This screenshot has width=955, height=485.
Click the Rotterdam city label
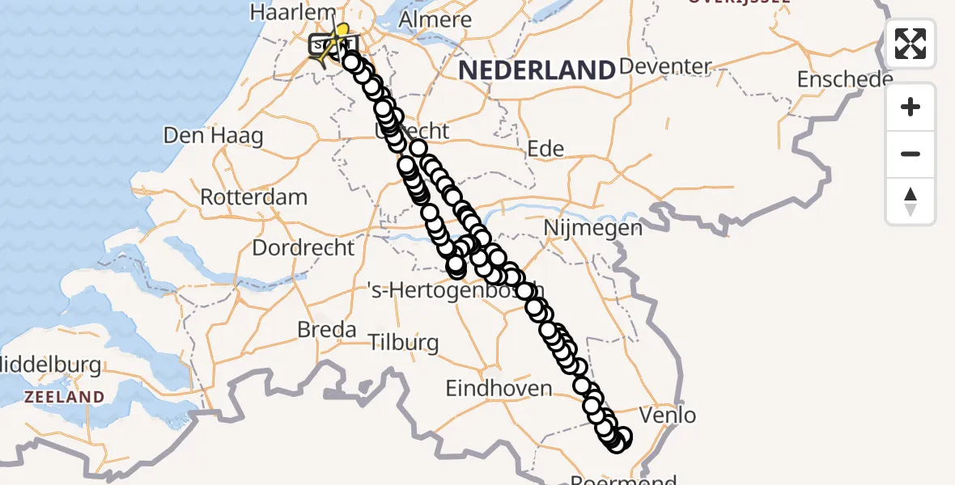click(253, 197)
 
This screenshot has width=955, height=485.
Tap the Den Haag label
click(213, 135)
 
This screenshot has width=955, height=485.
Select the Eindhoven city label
click(499, 389)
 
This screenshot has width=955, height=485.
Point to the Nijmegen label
click(592, 228)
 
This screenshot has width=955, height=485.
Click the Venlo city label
click(667, 415)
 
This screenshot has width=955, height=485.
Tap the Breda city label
click(327, 330)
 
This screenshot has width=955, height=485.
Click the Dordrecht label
click(303, 247)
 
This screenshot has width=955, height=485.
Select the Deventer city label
click(664, 66)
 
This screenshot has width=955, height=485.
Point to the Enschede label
click(845, 79)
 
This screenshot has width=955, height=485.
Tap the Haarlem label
click(293, 13)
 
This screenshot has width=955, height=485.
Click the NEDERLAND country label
click(537, 70)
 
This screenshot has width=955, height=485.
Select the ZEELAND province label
click(64, 397)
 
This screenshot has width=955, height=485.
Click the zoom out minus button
click(910, 154)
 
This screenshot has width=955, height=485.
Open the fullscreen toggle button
click(910, 44)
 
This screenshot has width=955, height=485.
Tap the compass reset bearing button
click(910, 200)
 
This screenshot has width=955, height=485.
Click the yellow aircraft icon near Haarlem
click(340, 39)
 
